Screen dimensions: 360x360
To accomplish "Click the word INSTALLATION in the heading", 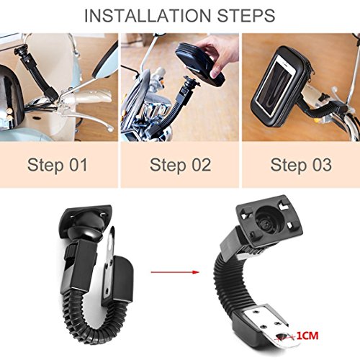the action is [148, 16].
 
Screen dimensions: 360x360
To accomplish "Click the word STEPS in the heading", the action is [246, 16].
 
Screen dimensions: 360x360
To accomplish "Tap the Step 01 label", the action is [57, 165].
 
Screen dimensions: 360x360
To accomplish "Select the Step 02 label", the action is [180, 165].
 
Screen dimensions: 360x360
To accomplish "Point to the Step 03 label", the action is [301, 165].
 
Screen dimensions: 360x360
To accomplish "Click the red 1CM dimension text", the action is [307, 336].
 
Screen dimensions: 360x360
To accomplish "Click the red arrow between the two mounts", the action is [175, 272].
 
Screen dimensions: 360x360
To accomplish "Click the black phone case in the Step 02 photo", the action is [199, 65].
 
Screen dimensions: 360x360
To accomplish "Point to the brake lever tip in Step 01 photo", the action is [111, 129].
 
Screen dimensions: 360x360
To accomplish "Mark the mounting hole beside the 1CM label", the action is [283, 336].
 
